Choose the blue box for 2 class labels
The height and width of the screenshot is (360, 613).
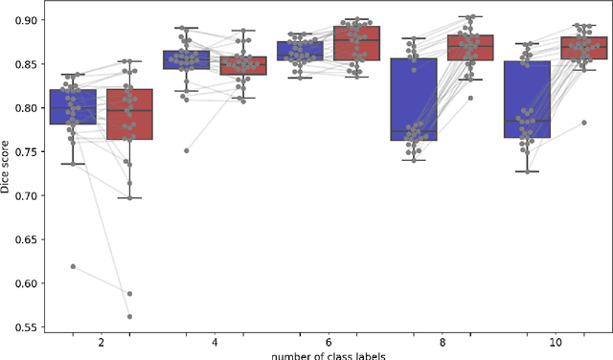pyautogui.click(x=73, y=106)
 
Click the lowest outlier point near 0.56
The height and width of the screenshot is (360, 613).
pyautogui.click(x=129, y=316)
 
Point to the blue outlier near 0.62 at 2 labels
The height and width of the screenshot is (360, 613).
pyautogui.click(x=73, y=266)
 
